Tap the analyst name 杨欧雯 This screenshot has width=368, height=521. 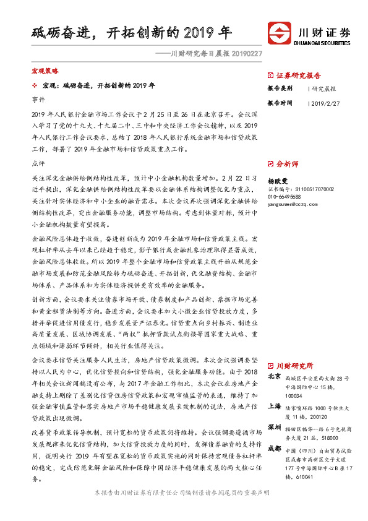(278, 180)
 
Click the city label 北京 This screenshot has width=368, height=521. (275, 377)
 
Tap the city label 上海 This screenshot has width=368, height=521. (275, 405)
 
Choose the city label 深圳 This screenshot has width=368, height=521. (275, 428)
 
